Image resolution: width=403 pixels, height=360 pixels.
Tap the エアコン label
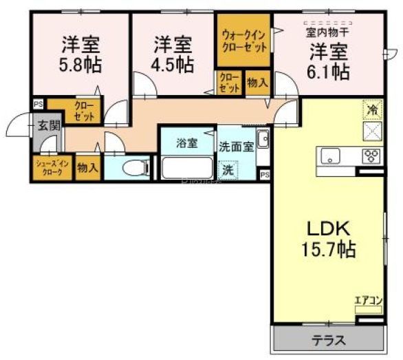368,300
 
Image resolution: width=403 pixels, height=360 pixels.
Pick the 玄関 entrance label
48,125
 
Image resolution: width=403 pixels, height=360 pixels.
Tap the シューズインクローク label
50,169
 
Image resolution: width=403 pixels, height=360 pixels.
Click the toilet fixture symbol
135,168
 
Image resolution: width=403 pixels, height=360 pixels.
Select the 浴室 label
186,143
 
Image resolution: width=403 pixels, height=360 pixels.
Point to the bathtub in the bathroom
186,168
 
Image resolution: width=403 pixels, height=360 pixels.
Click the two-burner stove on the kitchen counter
371,156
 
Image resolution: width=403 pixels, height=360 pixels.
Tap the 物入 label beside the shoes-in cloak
87,168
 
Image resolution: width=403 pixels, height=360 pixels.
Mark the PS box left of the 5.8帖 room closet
37,104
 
